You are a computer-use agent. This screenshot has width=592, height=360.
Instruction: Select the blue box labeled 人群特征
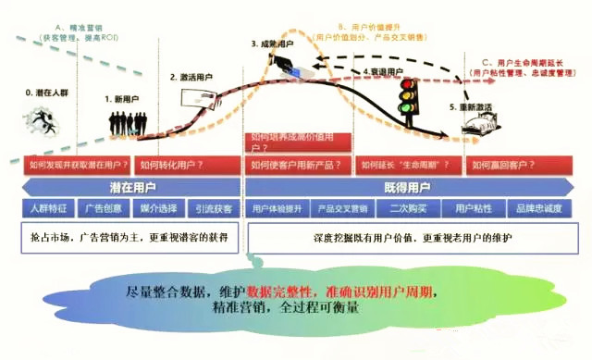(x=50, y=208)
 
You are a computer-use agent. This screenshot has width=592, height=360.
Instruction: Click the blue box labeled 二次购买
(x=404, y=208)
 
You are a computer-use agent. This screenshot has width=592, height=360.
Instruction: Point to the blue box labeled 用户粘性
(x=471, y=208)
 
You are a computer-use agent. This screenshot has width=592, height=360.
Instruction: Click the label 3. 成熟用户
(x=275, y=43)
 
